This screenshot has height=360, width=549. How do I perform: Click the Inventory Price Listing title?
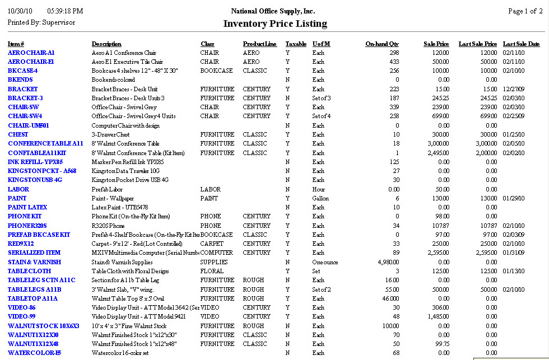point(274,24)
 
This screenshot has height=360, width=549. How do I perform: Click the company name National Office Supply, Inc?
point(273,11)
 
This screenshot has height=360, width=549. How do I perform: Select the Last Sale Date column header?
point(521,44)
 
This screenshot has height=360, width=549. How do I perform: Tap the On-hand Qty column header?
point(382,44)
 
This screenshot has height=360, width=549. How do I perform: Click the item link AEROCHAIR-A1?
point(31,53)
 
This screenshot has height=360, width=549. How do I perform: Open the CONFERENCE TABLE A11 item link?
point(45,143)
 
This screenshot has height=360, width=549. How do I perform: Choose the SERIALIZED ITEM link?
point(34,253)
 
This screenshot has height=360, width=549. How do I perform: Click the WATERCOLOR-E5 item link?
point(34,353)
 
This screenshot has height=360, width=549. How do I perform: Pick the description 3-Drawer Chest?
point(110,134)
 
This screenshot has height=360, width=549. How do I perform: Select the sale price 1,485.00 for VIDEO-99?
point(437,316)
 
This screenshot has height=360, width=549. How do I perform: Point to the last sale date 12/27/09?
point(514,89)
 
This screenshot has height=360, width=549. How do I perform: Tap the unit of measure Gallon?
point(320,198)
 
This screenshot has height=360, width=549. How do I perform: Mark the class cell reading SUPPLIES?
point(214,262)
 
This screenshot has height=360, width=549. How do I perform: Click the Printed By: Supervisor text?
point(41,22)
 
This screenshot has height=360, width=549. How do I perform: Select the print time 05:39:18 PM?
point(65,11)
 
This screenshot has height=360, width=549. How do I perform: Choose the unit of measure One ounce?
point(325,262)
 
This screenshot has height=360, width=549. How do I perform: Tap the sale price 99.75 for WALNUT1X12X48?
point(441,344)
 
